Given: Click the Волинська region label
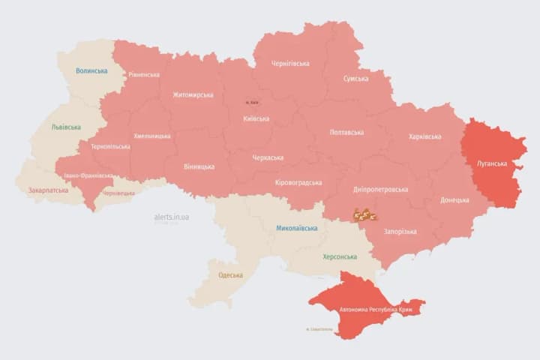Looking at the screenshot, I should tap(91, 71).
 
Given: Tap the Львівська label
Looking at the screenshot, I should tap(66, 127).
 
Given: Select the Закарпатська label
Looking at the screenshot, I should tap(46, 190).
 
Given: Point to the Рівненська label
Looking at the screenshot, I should tap(143, 75).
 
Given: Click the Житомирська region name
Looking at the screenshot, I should tap(193, 95).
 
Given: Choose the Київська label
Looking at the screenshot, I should tap(256, 118).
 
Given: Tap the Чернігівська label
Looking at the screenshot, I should tap(291, 64).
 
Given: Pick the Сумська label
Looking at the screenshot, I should tap(355, 79).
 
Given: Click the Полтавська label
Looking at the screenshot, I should tap(346, 132).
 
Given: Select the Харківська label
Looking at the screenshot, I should tap(424, 136).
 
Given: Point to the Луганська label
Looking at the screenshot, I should tap(492, 163).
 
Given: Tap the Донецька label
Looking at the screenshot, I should tap(454, 200).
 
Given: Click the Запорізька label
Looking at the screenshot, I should tap(400, 232).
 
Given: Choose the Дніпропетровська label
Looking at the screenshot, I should tap(380, 190).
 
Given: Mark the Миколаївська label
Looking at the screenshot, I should tap(296, 228).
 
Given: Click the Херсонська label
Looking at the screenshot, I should tap(339, 256).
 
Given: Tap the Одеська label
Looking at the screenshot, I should tap(230, 275).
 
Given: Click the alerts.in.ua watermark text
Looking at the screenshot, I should tap(172, 217).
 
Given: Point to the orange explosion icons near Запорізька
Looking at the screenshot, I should tap(365, 214).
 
